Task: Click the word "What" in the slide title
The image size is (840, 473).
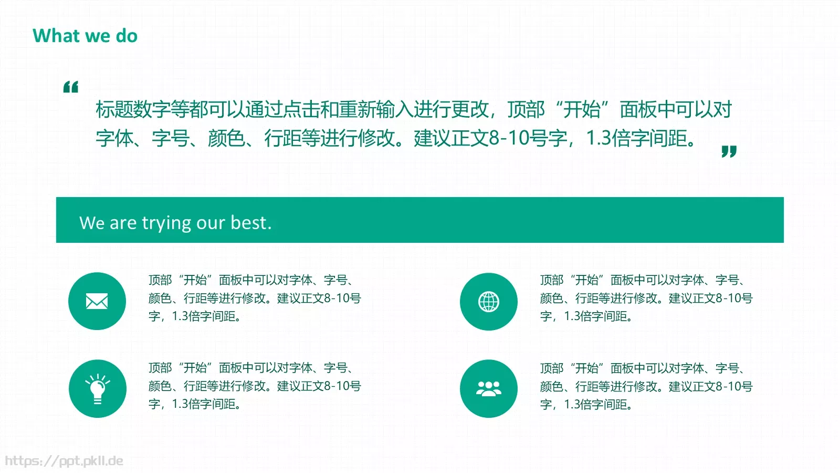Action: click(56, 36)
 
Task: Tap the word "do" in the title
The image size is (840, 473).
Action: click(127, 36)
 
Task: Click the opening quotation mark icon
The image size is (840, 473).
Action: click(71, 87)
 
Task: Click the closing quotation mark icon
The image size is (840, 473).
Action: click(729, 151)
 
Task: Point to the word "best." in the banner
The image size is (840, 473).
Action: click(251, 223)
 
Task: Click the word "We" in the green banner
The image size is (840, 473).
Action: click(92, 223)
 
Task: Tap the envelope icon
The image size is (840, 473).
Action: click(97, 301)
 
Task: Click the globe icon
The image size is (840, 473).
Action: click(489, 302)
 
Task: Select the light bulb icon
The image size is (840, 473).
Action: click(98, 389)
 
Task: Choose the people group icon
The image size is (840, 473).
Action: click(489, 389)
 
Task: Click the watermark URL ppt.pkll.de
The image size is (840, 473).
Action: click(64, 461)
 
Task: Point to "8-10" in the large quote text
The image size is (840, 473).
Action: click(509, 138)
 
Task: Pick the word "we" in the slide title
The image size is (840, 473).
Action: click(97, 36)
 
